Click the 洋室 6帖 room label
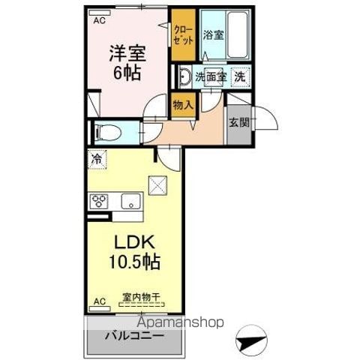(127, 63)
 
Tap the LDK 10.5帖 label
(134, 252)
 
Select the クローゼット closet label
(183, 35)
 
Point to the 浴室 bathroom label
(213, 35)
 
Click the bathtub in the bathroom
(238, 34)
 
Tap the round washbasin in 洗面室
(184, 76)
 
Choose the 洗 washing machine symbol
(240, 77)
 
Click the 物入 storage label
(183, 105)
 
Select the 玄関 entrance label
(239, 122)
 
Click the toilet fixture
(108, 133)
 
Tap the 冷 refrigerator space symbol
(97, 159)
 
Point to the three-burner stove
(99, 201)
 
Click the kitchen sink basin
(130, 201)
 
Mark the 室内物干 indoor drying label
(141, 297)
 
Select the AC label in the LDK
(100, 301)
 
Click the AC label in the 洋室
(100, 20)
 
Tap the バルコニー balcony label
(134, 335)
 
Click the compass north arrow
(251, 340)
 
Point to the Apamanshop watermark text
(180, 322)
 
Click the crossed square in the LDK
(157, 185)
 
